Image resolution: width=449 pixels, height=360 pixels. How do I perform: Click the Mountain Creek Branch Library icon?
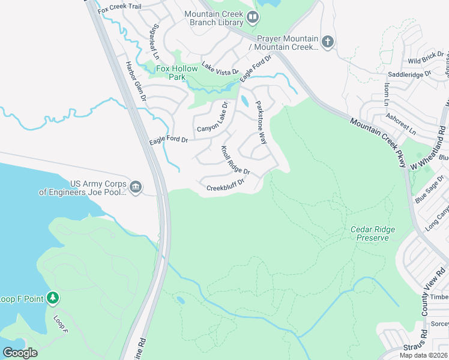[x=253, y=18]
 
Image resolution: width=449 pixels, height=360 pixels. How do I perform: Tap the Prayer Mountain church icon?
[x=327, y=42]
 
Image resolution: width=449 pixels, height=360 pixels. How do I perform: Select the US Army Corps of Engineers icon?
[x=135, y=187]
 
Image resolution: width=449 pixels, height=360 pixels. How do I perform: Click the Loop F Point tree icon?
[x=53, y=298]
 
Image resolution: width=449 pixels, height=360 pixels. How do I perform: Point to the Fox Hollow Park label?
[x=176, y=73]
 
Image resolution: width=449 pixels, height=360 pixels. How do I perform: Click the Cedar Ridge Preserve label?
[x=369, y=233]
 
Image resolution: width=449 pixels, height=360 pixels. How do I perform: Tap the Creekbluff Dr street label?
[x=226, y=185]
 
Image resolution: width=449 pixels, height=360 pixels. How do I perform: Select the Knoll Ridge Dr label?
[x=235, y=160]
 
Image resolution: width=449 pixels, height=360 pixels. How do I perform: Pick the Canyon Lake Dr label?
[x=213, y=117]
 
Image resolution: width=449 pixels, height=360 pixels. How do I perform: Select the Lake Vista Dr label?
[x=220, y=68]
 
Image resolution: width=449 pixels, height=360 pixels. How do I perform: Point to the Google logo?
[x=20, y=353]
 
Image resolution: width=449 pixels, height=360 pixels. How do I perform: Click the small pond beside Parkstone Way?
[x=244, y=100]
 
